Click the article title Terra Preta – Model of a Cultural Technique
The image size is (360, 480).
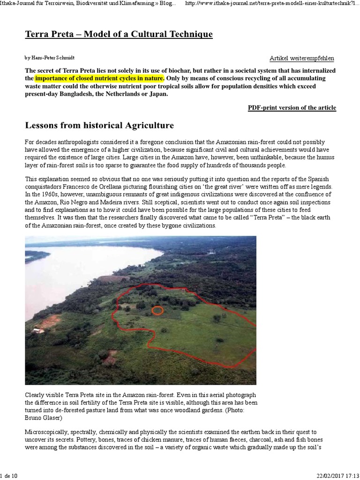[x=119, y=35]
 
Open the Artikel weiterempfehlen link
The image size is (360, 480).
[x=302, y=58]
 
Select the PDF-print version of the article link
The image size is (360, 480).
[x=292, y=108]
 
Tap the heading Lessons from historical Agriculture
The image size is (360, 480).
[x=99, y=126]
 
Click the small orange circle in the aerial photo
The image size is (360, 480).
[x=158, y=310]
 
